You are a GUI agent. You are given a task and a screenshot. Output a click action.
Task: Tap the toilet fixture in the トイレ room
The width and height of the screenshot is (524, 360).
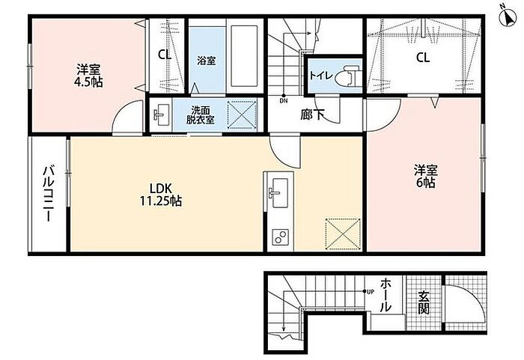[x=350, y=76]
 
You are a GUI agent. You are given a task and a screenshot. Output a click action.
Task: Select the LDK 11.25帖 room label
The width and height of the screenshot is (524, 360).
[x=160, y=195]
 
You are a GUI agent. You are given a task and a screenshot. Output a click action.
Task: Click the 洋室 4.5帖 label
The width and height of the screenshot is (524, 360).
[x=88, y=76]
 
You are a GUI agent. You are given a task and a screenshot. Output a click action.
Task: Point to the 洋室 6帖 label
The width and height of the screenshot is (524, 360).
[x=426, y=176]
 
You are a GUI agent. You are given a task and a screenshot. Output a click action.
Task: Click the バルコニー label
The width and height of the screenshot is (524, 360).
[x=49, y=194]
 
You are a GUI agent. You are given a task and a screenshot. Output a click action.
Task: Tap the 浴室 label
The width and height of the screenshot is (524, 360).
[x=206, y=61]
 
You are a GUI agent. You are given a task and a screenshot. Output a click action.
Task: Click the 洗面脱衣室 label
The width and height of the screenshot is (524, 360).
[x=200, y=115]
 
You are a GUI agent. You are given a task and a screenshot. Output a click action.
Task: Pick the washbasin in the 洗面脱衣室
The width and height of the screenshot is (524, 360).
[x=162, y=115]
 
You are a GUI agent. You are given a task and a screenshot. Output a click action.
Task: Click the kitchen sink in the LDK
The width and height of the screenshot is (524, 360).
[x=279, y=193]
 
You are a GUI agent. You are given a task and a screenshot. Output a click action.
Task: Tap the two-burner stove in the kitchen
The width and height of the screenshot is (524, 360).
[x=280, y=237]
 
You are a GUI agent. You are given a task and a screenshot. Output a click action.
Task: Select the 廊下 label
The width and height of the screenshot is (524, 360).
[x=312, y=115]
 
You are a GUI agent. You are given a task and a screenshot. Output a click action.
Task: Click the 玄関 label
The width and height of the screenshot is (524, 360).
[x=424, y=303]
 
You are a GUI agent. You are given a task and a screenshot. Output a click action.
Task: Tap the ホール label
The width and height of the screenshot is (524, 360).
[x=386, y=295]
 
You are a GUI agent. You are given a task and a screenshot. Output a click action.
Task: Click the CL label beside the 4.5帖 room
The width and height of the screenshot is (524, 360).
[x=165, y=55]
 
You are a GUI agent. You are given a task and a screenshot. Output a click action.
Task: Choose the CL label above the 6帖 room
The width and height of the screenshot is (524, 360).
[x=423, y=58]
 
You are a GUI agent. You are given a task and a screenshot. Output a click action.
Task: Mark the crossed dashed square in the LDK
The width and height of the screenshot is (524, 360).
[x=343, y=234]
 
